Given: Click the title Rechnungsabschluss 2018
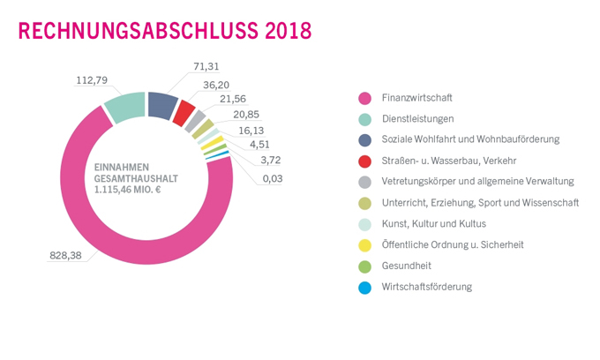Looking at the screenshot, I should click(x=164, y=31).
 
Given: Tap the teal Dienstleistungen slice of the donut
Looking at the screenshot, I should click(x=123, y=107).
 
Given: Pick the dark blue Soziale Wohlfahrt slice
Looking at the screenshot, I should click(x=162, y=105).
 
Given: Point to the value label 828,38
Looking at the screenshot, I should click(x=68, y=255).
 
